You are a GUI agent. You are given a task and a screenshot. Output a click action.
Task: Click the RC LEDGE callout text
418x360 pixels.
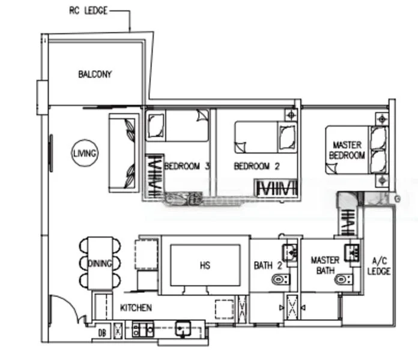89,10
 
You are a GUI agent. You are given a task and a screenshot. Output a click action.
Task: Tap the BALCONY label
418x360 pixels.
95,74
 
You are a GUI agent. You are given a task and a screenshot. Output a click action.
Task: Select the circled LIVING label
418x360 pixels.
85,154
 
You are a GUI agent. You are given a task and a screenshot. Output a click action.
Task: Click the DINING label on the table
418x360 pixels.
99,263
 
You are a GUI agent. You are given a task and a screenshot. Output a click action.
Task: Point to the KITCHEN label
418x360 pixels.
136,308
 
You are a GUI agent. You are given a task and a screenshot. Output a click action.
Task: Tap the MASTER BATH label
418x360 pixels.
325,265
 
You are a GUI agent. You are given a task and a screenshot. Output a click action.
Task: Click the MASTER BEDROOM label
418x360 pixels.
348,150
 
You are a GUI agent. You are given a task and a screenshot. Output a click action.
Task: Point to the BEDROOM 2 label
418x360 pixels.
256,166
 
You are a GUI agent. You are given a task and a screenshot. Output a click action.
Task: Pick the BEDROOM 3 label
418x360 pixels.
186,166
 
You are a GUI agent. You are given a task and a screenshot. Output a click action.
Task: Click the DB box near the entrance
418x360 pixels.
101,331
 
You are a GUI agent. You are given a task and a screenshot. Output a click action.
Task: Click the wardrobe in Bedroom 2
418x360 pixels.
276,188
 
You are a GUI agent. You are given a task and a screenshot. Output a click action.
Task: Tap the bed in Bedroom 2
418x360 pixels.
264,136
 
